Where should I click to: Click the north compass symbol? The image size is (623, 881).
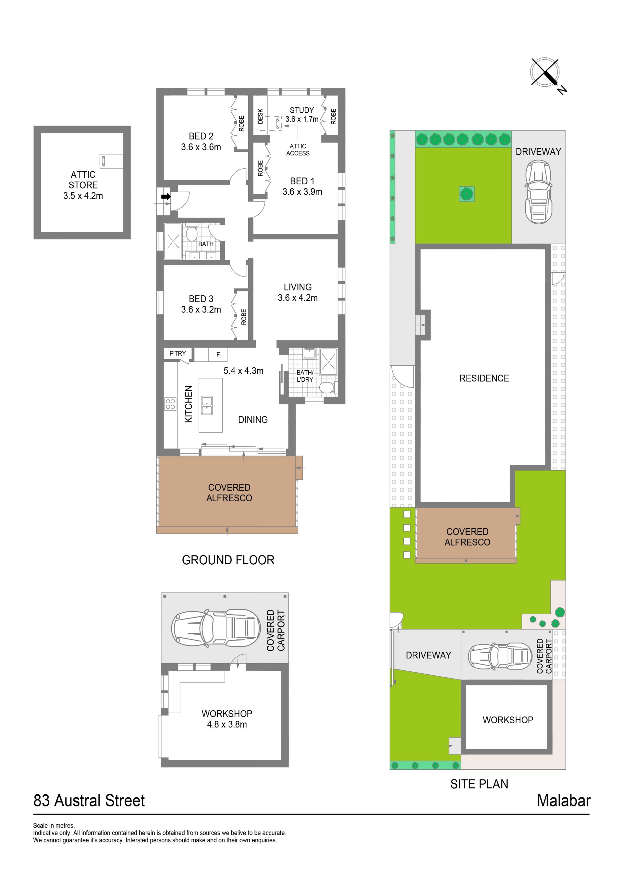tap(545, 74)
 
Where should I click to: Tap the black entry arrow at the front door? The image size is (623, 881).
tap(166, 196)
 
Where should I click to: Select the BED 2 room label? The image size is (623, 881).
tap(201, 136)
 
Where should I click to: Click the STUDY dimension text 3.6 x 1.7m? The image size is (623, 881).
tap(302, 119)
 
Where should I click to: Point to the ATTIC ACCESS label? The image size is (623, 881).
tap(298, 150)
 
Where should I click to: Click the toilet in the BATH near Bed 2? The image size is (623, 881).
tap(191, 233)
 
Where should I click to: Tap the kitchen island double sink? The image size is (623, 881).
tap(207, 405)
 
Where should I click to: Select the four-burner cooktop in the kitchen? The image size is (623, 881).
tap(170, 404)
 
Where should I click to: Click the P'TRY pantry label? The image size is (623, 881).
tap(177, 353)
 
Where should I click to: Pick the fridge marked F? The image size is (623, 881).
tap(218, 355)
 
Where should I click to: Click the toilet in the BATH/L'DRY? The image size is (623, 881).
tap(328, 387)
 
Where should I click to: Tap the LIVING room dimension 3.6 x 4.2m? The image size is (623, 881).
tap(298, 298)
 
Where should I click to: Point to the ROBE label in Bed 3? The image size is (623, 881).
tap(244, 317)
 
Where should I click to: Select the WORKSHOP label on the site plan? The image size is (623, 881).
tap(508, 720)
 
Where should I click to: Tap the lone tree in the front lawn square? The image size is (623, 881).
tap(467, 194)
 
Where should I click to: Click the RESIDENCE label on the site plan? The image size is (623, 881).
tap(484, 378)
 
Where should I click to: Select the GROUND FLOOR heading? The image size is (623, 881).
tap(228, 560)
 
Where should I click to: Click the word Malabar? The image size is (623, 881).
tap(564, 801)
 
